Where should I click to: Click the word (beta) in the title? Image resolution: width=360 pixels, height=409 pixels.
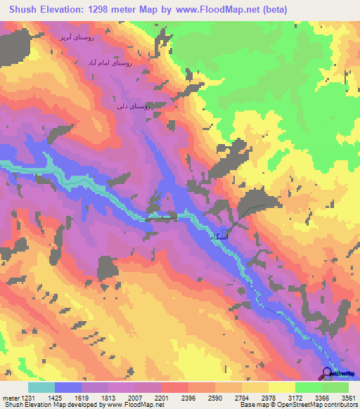tap(271, 10)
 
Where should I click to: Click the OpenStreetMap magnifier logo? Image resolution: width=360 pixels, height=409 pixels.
tap(327, 373)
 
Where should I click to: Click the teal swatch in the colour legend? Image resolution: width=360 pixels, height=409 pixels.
tap(41, 388)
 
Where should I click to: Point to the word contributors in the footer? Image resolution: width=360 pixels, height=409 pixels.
tap(340, 404)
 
